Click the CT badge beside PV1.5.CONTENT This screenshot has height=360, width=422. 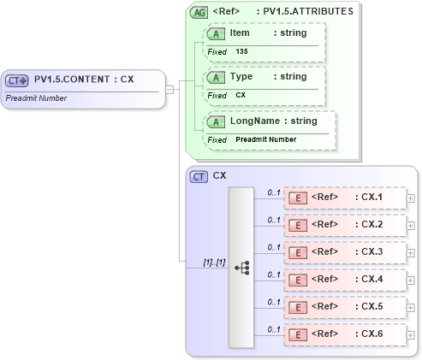tap(17, 80)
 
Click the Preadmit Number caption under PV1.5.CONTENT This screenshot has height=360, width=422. tap(36, 98)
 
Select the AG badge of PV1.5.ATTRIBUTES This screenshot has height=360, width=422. tap(199, 13)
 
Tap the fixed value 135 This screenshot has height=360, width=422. tap(241, 51)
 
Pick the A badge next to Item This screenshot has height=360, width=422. tap(217, 32)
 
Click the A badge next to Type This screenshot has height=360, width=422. tap(217, 76)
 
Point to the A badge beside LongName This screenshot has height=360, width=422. tap(217, 121)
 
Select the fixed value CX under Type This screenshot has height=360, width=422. tap(241, 95)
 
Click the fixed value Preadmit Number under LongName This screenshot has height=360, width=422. tap(265, 139)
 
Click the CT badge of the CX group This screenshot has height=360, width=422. tap(199, 176)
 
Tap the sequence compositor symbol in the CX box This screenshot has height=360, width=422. tap(241, 267)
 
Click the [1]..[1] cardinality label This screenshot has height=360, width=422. tap(214, 262)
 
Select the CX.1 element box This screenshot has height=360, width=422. tap(343, 198)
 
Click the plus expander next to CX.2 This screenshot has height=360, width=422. tap(411, 226)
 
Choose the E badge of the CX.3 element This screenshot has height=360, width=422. tap(299, 253)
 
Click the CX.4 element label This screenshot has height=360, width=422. tap(371, 279)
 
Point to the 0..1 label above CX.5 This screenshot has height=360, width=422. tap(274, 301)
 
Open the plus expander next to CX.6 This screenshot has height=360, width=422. tap(411, 334)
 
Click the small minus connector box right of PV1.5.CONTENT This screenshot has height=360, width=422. tap(170, 88)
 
